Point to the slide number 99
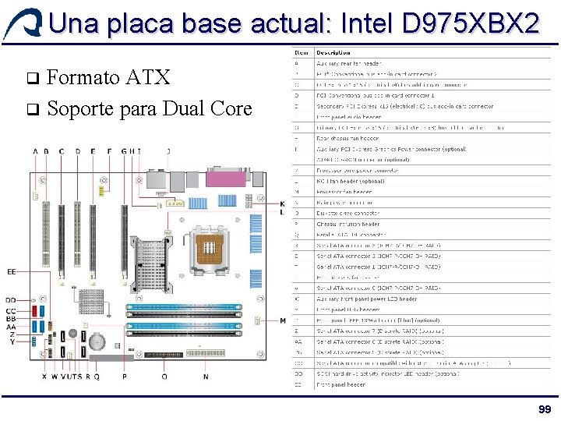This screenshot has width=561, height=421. coord(544,410)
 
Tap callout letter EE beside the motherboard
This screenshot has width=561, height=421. coord(12,272)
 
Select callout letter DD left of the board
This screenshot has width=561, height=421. coord(11,300)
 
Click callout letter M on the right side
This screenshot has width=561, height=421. coord(282,320)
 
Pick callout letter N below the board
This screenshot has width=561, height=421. coord(206,377)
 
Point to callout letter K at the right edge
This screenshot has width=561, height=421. coord(282,203)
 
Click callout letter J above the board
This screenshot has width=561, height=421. coord(168,151)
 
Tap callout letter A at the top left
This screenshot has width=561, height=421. coord(35,151)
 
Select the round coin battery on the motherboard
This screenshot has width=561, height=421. coord(96,341)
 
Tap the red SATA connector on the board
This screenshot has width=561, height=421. coord(43,312)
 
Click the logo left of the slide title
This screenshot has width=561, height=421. coord(21,24)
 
